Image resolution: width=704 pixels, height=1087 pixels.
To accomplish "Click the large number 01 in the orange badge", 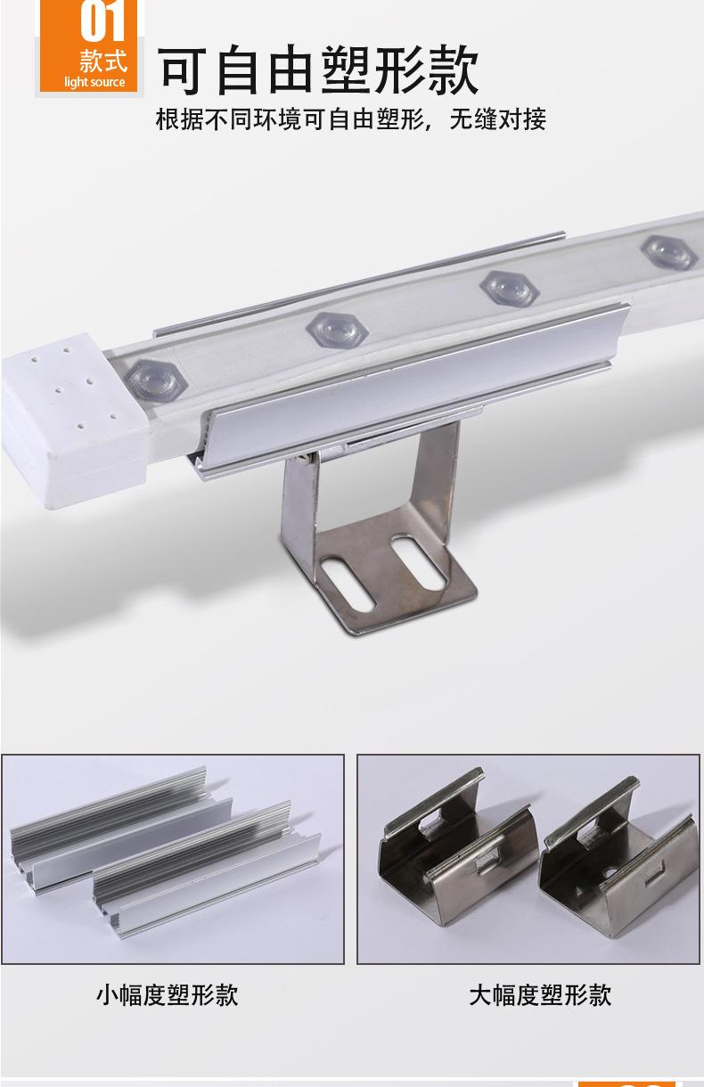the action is click(x=103, y=20).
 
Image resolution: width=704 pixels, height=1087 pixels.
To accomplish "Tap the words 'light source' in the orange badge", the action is click(x=94, y=82).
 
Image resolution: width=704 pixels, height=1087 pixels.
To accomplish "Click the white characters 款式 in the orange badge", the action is click(x=103, y=61).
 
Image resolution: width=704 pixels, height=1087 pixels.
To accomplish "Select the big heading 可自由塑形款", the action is click(x=318, y=69).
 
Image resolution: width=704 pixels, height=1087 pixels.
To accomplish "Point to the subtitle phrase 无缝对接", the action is click(x=497, y=119).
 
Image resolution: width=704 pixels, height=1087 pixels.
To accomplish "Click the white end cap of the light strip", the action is click(x=73, y=420).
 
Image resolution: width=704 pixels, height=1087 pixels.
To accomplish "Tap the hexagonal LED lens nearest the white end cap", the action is click(x=156, y=379).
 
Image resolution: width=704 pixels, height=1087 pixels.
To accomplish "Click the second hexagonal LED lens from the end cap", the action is click(x=337, y=330).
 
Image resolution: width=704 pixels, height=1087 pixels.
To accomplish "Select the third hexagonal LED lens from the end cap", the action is click(x=510, y=289).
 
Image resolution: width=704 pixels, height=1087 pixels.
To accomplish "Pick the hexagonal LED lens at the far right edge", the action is click(x=670, y=252).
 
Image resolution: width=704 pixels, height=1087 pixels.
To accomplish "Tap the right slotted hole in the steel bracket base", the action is click(x=419, y=563).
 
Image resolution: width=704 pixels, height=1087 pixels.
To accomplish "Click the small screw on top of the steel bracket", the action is click(x=306, y=459).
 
